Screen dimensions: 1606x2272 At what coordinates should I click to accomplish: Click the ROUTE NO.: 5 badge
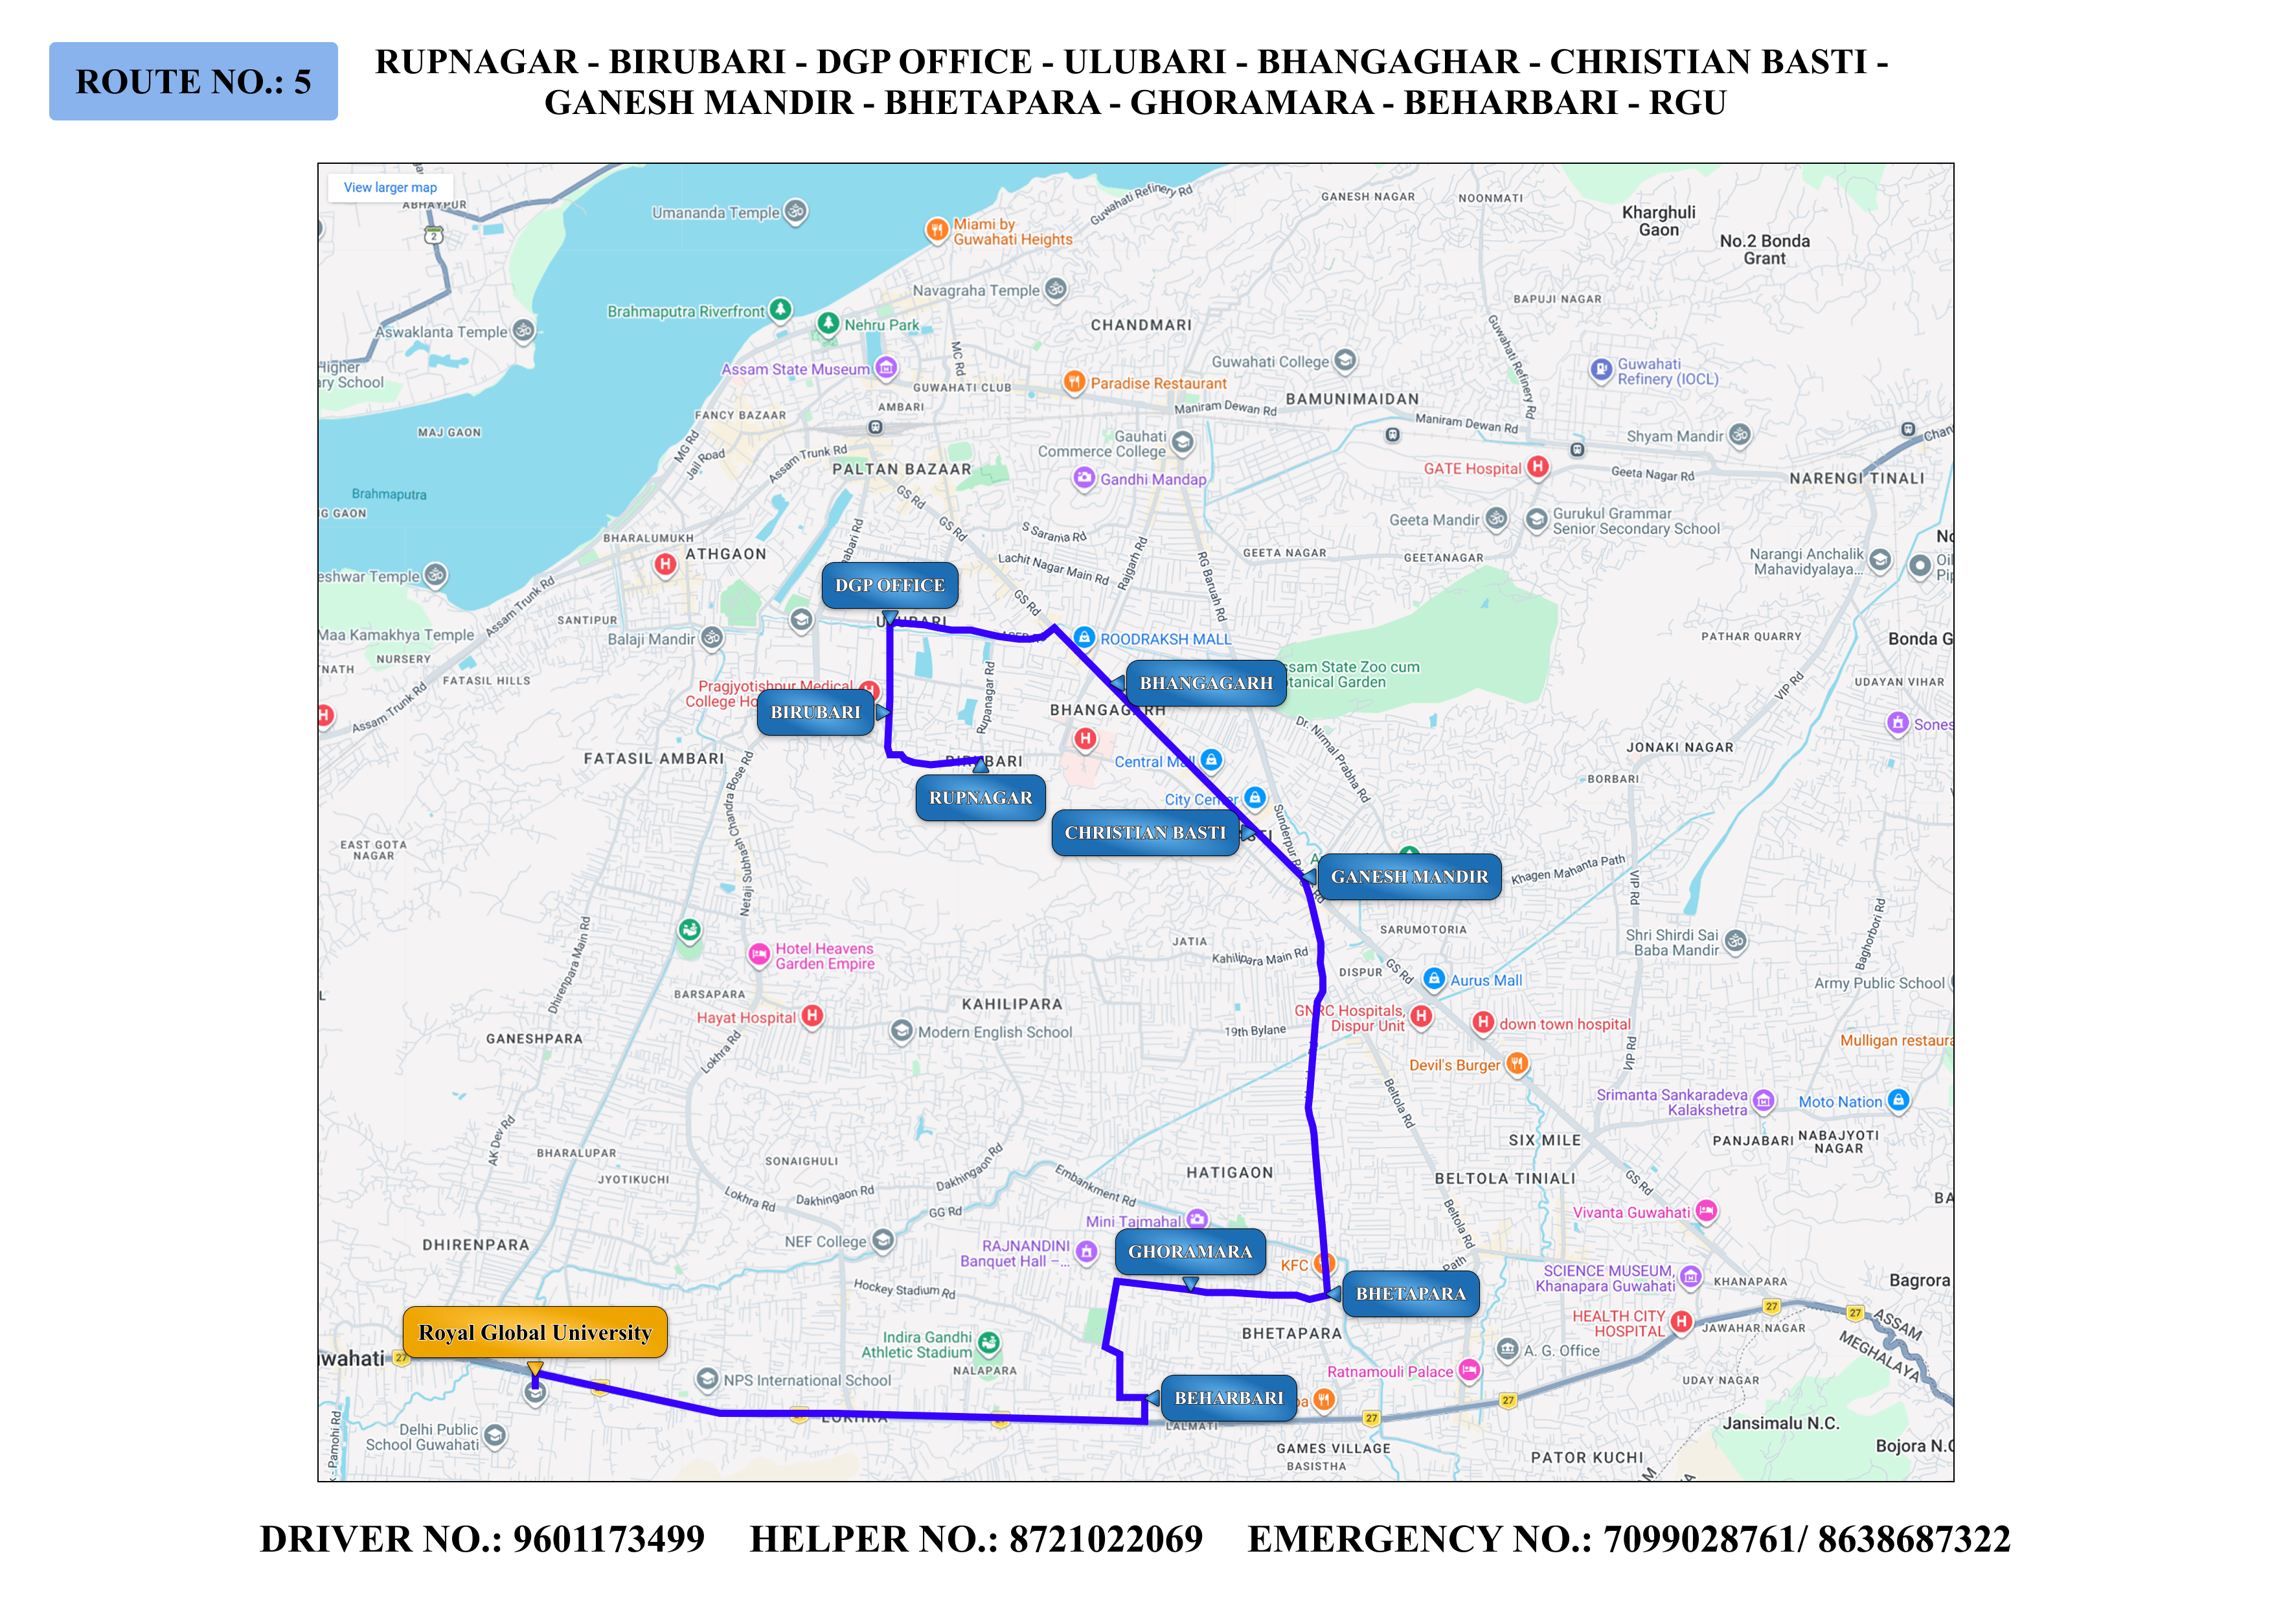point(193,81)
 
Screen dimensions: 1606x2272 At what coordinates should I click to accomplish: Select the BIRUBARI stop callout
point(815,712)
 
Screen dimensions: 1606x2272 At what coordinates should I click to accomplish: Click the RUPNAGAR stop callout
point(980,798)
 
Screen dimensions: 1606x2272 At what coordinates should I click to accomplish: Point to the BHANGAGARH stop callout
point(1205,683)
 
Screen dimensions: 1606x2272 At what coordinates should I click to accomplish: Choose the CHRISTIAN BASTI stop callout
point(1145,832)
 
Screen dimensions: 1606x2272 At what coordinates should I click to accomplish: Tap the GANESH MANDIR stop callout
point(1409,877)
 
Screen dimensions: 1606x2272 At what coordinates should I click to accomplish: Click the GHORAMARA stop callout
point(1190,1252)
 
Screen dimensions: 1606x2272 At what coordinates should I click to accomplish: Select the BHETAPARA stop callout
point(1410,1293)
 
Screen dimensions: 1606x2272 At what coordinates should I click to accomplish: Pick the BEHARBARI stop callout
point(1228,1398)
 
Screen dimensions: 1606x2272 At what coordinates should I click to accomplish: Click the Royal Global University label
point(534,1333)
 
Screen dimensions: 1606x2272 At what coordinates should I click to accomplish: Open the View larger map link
point(390,187)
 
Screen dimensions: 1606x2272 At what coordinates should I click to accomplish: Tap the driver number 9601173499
point(609,1540)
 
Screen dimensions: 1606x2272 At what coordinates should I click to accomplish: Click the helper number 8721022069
point(1106,1540)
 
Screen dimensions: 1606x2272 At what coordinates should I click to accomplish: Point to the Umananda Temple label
point(716,213)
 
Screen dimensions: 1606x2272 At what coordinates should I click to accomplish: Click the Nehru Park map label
point(881,324)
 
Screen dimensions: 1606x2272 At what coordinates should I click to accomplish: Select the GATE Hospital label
point(1472,469)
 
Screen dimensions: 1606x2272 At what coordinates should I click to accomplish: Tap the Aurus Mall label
point(1485,980)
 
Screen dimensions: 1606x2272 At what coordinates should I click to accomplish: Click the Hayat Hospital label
point(746,1017)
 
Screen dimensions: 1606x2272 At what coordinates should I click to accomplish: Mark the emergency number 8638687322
point(1914,1540)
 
